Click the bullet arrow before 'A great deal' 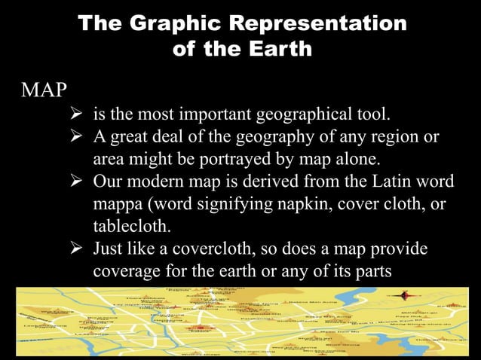pos(75,139)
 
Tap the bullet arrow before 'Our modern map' pos(75,183)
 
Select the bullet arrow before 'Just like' pos(75,249)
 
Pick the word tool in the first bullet pos(370,116)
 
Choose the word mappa pos(119,206)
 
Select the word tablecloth pos(129,227)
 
